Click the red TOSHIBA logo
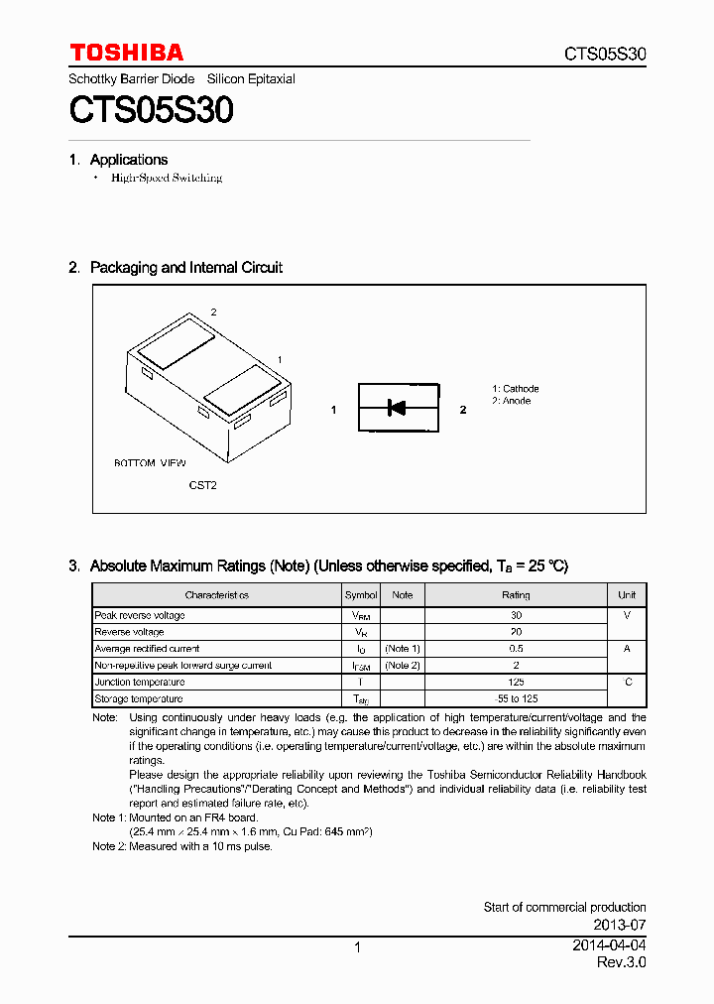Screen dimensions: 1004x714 (126, 53)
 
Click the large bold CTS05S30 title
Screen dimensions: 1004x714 (151, 110)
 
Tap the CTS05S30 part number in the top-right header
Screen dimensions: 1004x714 (605, 54)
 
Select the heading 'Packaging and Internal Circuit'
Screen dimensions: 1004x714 (185, 267)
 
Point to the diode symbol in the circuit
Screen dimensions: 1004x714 (397, 407)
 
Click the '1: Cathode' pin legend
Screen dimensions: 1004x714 (516, 389)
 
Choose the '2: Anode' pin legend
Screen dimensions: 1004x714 (512, 401)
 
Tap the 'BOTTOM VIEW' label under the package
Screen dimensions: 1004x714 (150, 463)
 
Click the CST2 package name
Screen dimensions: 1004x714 (202, 485)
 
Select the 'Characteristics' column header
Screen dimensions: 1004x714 (216, 595)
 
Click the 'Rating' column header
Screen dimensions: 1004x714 (516, 595)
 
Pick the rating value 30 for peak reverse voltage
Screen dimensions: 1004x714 (516, 615)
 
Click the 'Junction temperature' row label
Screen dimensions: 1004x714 (139, 682)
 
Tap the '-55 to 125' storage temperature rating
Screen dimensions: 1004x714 (516, 698)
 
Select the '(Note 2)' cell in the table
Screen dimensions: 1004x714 (403, 665)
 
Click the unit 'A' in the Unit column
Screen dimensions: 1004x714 (627, 648)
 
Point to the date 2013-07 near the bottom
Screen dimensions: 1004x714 (624, 925)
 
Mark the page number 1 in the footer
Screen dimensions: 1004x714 (357, 947)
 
